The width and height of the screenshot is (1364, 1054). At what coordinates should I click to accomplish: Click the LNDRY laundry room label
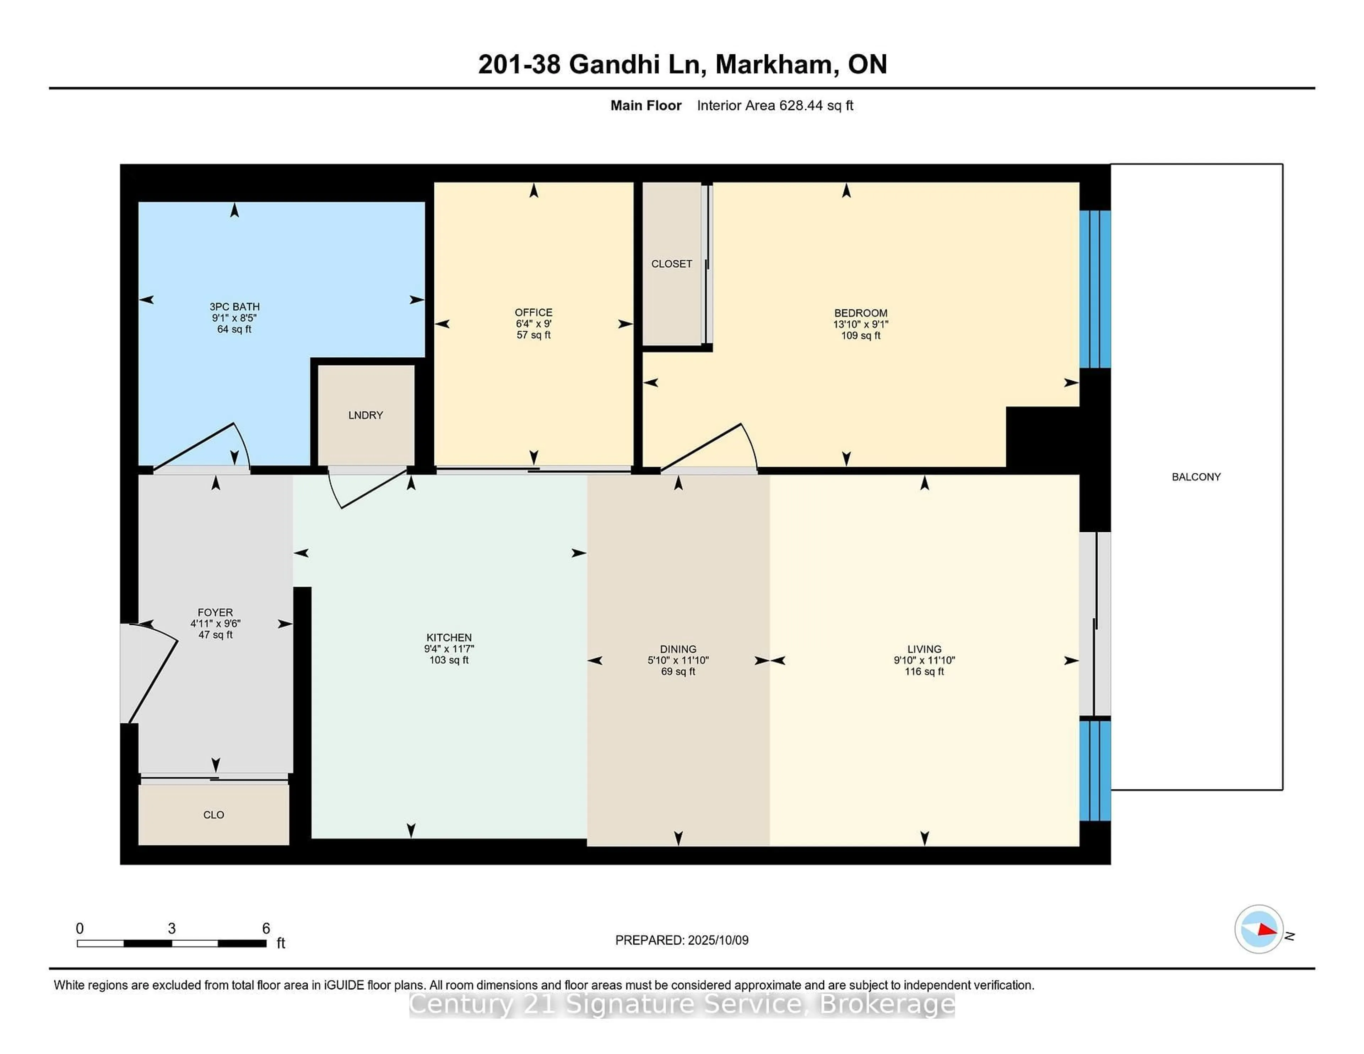(x=366, y=415)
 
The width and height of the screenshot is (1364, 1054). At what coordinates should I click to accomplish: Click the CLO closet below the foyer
(x=213, y=815)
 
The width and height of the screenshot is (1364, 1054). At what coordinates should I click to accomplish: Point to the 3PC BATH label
(x=234, y=306)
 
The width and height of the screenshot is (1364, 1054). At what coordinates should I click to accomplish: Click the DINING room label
(x=678, y=650)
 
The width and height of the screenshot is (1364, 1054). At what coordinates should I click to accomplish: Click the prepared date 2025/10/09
(x=718, y=940)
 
